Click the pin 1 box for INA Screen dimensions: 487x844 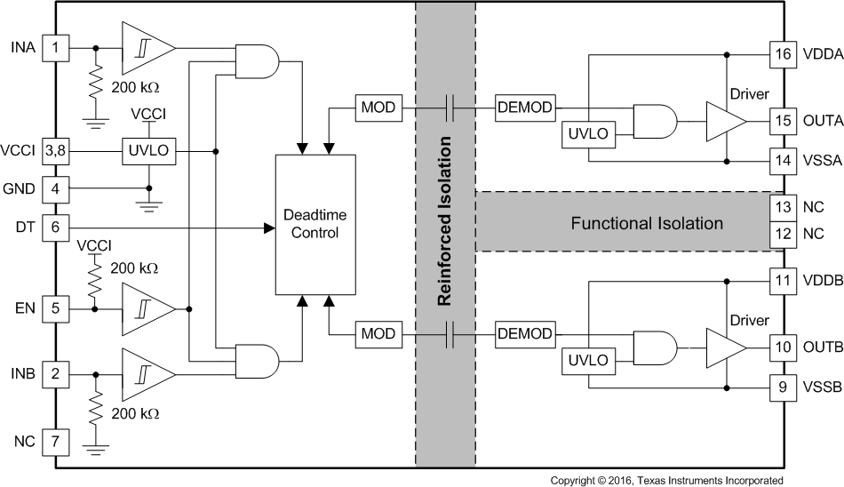[x=55, y=47]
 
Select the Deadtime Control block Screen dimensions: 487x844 [x=315, y=224]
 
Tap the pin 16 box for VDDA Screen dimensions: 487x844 [x=784, y=53]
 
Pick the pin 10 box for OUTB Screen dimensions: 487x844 [x=784, y=347]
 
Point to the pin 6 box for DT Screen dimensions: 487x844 [x=55, y=228]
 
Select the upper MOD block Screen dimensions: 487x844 [x=378, y=108]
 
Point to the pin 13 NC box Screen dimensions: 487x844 [x=784, y=207]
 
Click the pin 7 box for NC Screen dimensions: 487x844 [x=55, y=440]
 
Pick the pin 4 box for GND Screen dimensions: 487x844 [x=55, y=188]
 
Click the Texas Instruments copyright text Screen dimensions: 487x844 [x=666, y=480]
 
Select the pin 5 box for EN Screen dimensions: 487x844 [x=55, y=308]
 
